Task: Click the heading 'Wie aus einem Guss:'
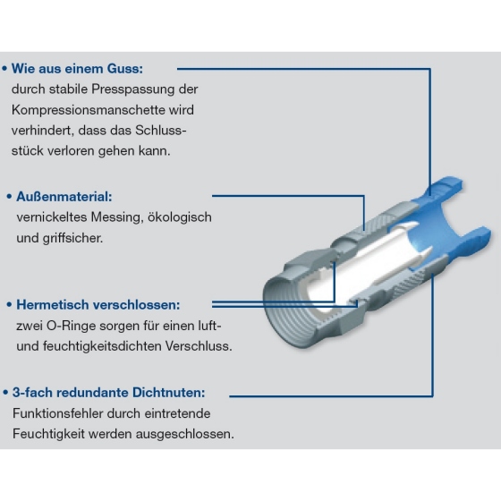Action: click(x=77, y=69)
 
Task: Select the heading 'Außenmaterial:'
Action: click(x=64, y=197)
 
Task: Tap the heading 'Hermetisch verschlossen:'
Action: click(x=98, y=305)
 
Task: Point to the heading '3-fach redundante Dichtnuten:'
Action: click(x=108, y=393)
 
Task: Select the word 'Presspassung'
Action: click(x=133, y=89)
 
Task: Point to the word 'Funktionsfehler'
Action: click(x=58, y=413)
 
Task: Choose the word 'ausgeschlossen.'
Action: click(x=185, y=434)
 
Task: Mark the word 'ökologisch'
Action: click(x=180, y=217)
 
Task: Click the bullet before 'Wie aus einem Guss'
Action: click(x=4, y=69)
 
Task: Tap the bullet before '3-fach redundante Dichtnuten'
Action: click(x=5, y=393)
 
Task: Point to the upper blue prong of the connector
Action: click(x=443, y=189)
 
